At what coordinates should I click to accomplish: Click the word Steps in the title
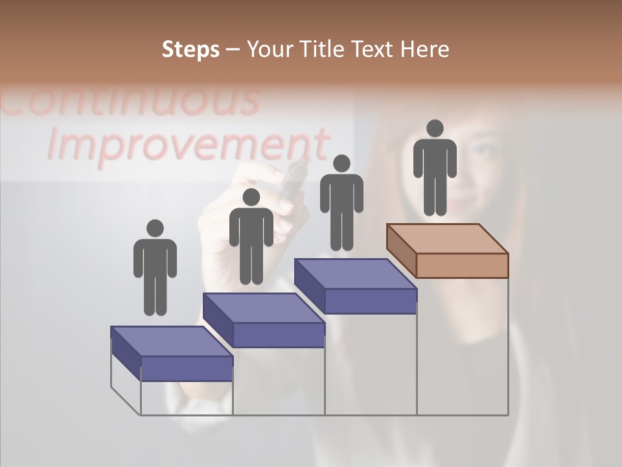(190, 50)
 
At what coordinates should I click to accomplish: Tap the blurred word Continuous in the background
(130, 101)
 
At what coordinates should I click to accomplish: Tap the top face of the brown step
(447, 239)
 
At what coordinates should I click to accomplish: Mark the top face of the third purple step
(355, 274)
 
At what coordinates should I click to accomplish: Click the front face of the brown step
(462, 265)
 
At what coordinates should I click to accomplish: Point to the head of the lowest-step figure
(155, 228)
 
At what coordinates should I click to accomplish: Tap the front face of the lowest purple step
(187, 368)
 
